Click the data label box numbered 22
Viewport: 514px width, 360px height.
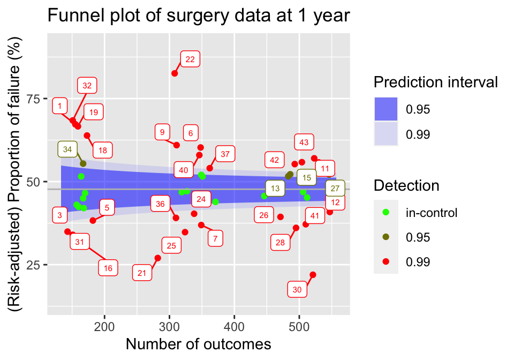tap(190, 59)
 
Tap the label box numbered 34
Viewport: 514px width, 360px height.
tap(67, 149)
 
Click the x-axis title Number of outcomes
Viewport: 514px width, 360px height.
tap(198, 344)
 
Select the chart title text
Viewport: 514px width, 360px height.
tap(199, 16)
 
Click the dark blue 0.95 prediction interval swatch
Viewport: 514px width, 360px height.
tap(385, 109)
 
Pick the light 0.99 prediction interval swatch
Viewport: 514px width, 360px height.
tap(385, 134)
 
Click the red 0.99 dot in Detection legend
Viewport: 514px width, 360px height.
tap(385, 262)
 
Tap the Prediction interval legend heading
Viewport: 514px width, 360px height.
tap(436, 82)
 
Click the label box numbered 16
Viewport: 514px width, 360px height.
tap(108, 268)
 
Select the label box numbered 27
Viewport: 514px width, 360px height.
tap(335, 189)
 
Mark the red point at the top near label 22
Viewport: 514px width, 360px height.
tap(175, 73)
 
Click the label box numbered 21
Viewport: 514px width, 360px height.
tap(142, 273)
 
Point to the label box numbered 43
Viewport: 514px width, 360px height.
tap(304, 142)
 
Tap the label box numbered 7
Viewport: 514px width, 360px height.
tap(215, 239)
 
